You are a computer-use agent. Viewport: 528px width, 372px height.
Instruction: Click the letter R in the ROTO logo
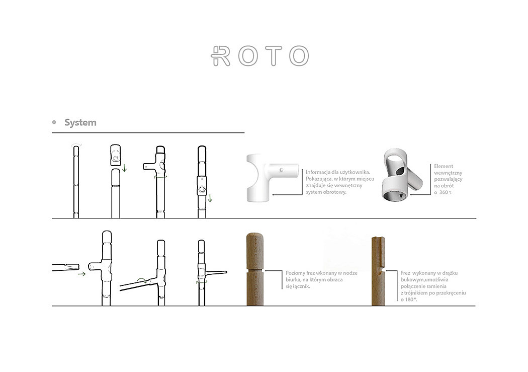pyautogui.click(x=221, y=56)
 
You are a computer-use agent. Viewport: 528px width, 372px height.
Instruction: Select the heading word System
pyautogui.click(x=80, y=123)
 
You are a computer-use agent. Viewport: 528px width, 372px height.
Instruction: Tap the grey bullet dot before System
pyautogui.click(x=54, y=122)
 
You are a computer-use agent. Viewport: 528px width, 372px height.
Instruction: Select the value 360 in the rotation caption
pyautogui.click(x=443, y=192)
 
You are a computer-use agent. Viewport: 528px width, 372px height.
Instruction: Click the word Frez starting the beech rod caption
pyautogui.click(x=406, y=273)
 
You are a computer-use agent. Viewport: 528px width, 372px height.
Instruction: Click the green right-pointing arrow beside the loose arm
pyautogui.click(x=81, y=274)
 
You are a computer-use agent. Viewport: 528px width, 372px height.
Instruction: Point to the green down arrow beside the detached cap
pyautogui.click(x=125, y=169)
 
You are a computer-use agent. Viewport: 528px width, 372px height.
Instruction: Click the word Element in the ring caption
pyautogui.click(x=444, y=166)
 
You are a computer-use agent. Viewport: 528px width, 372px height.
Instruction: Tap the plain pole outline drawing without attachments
pyautogui.click(x=76, y=181)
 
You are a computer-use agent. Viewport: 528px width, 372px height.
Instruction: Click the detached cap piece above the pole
pyautogui.click(x=116, y=155)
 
